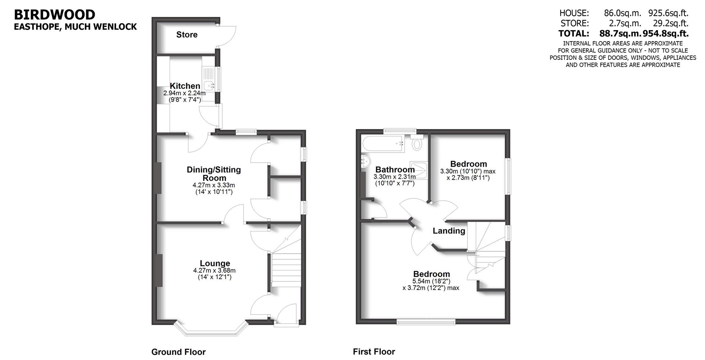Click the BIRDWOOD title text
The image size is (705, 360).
coord(54,15)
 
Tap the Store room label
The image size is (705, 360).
coord(187,34)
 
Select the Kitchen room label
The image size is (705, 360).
coord(185,86)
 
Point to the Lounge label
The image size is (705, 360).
coord(215,263)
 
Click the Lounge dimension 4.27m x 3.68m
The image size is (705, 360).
coord(214,270)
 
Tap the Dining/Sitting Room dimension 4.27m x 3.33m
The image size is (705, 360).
coord(214,185)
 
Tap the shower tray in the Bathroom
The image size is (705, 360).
coord(419,170)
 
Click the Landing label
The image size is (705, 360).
coord(449,231)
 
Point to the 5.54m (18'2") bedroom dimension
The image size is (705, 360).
coord(431,281)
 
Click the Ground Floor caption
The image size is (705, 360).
coord(178,352)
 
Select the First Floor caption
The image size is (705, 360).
coord(374,352)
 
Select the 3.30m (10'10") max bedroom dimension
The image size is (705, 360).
coord(468,171)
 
